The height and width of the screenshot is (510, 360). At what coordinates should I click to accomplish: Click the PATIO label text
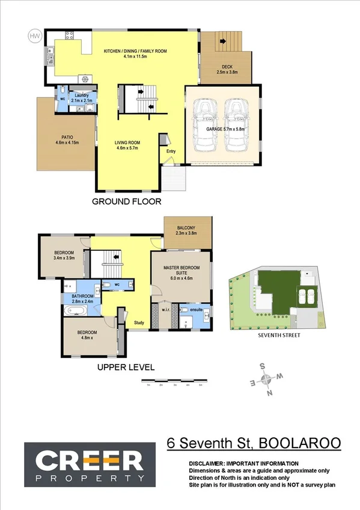pos(67,139)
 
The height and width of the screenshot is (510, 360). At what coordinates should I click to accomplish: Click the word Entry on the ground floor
pos(171,151)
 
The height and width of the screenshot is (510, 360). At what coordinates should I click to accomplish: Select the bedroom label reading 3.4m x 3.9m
pos(64,256)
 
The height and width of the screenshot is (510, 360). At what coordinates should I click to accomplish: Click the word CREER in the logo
pos(84,462)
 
